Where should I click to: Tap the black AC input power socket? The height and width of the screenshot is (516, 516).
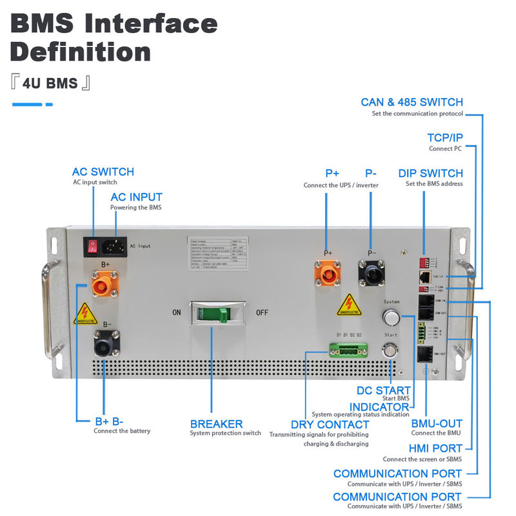point(115,246)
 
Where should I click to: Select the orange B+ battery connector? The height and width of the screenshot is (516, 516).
point(104,284)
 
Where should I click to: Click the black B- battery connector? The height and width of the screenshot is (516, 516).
point(104,343)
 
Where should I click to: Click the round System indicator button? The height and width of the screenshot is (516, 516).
point(391,316)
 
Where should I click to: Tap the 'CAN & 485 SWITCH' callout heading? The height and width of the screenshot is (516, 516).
point(412,102)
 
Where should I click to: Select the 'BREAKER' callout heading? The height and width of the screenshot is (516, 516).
point(216,424)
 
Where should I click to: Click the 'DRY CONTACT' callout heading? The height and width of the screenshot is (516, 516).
point(330,424)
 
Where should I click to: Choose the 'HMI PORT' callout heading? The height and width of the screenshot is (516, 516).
point(436,448)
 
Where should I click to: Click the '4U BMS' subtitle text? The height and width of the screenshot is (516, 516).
point(50,83)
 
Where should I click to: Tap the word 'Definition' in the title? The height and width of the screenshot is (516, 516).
point(81,51)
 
